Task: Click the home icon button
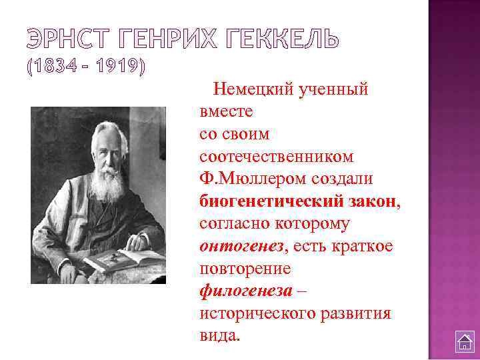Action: (x=464, y=341)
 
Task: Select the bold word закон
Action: (x=374, y=201)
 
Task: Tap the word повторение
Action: (x=245, y=269)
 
